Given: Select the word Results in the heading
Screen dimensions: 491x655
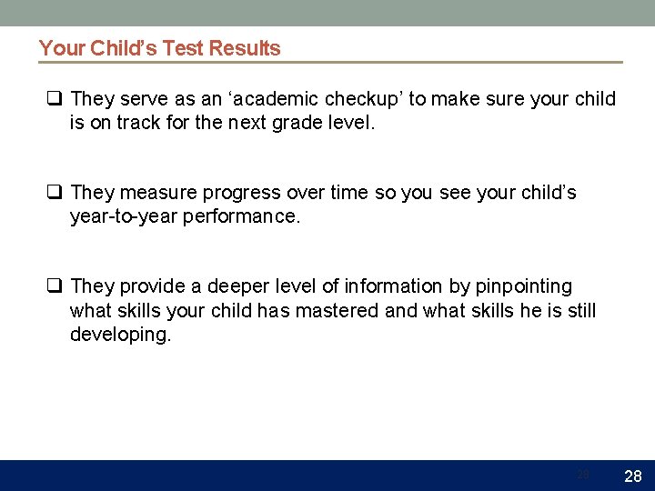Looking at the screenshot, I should click(x=245, y=48).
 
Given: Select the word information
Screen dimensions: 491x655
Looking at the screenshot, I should click(x=397, y=286).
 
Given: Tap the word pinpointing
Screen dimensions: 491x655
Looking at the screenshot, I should click(x=524, y=287).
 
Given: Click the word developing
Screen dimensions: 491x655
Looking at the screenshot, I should click(x=120, y=335).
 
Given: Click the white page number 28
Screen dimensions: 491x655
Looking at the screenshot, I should click(x=634, y=476).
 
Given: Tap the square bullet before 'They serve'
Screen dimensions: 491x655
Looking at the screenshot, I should click(x=55, y=98).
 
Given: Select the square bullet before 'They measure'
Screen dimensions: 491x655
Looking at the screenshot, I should click(x=55, y=193).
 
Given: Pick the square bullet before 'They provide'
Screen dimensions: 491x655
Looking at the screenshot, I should click(x=55, y=286).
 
